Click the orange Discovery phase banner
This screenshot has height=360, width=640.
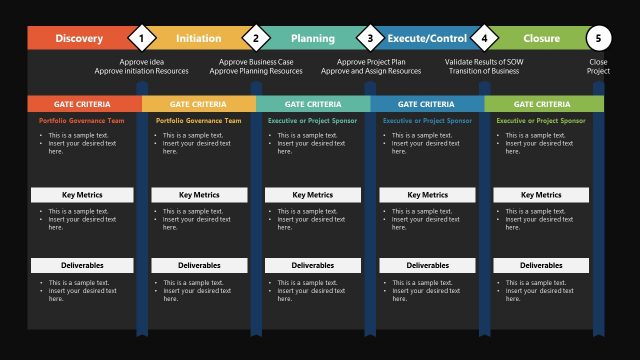pos(78,38)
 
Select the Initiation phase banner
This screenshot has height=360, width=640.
pos(198,38)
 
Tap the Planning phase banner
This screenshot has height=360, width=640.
pos(312,38)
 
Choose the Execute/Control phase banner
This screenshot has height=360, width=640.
pos(426,38)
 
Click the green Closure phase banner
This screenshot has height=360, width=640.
pos(541,38)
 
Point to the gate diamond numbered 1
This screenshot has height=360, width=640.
pos(142,39)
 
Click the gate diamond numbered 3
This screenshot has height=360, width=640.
pos(370,39)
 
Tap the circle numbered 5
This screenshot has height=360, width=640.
pos(598,39)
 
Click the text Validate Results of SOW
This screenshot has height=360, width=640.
pos(484,62)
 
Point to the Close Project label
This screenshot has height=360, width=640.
pos(598,66)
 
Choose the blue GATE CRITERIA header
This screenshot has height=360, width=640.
pos(427,104)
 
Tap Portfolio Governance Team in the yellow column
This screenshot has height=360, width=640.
pos(199,120)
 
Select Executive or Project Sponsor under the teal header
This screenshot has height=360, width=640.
pos(313,120)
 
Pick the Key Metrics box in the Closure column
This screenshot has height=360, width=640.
pos(541,195)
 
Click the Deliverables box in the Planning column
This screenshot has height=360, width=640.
pos(313,266)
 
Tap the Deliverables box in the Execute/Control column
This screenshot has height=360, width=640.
pos(427,266)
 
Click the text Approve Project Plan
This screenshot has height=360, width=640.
pos(370,62)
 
